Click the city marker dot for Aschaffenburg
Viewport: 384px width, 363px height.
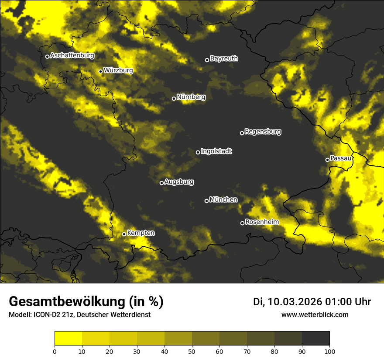coord(47,56)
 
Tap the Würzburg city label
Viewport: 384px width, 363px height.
coord(118,70)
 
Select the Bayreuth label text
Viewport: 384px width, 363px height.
coord(224,59)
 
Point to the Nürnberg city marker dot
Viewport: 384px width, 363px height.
coord(174,98)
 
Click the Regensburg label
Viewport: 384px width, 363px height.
coord(263,132)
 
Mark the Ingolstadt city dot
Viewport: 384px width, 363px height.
coord(198,152)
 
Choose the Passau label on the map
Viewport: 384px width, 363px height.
coord(341,158)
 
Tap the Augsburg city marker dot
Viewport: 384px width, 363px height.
coord(161,183)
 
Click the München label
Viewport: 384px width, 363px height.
coord(223,200)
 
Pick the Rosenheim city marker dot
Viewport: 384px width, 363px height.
coord(242,223)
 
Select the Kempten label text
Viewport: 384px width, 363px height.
coord(141,233)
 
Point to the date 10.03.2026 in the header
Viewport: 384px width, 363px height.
coord(295,302)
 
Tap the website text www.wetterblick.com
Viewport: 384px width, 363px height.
coord(315,314)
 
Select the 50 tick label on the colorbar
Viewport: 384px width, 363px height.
coord(192,351)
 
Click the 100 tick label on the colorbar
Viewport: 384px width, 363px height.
coord(329,351)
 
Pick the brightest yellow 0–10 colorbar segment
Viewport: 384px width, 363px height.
coord(68,339)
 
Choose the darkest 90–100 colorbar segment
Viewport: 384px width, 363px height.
coord(315,339)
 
